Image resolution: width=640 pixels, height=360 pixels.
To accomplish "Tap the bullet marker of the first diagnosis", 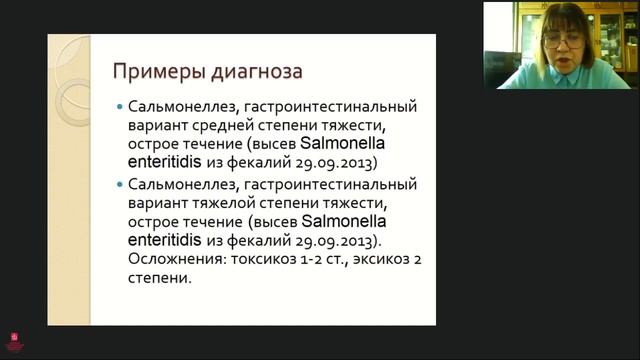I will pyautogui.click(x=120, y=106).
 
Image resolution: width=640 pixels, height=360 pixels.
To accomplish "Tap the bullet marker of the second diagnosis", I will pyautogui.click(x=120, y=185).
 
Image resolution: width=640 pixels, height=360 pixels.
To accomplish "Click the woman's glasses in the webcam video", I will pyautogui.click(x=563, y=41).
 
